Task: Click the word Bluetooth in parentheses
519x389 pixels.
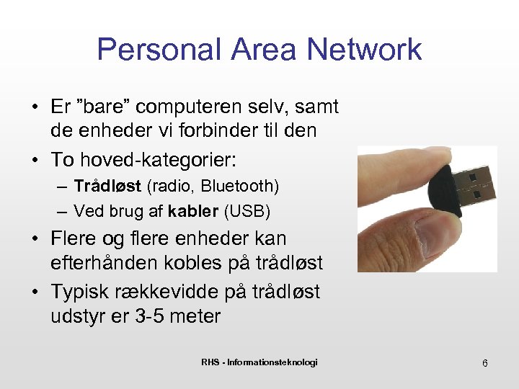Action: [x=237, y=186]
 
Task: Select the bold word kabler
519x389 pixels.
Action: [x=194, y=211]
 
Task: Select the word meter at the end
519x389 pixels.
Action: [x=197, y=316]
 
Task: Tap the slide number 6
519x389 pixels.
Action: [x=485, y=363]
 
